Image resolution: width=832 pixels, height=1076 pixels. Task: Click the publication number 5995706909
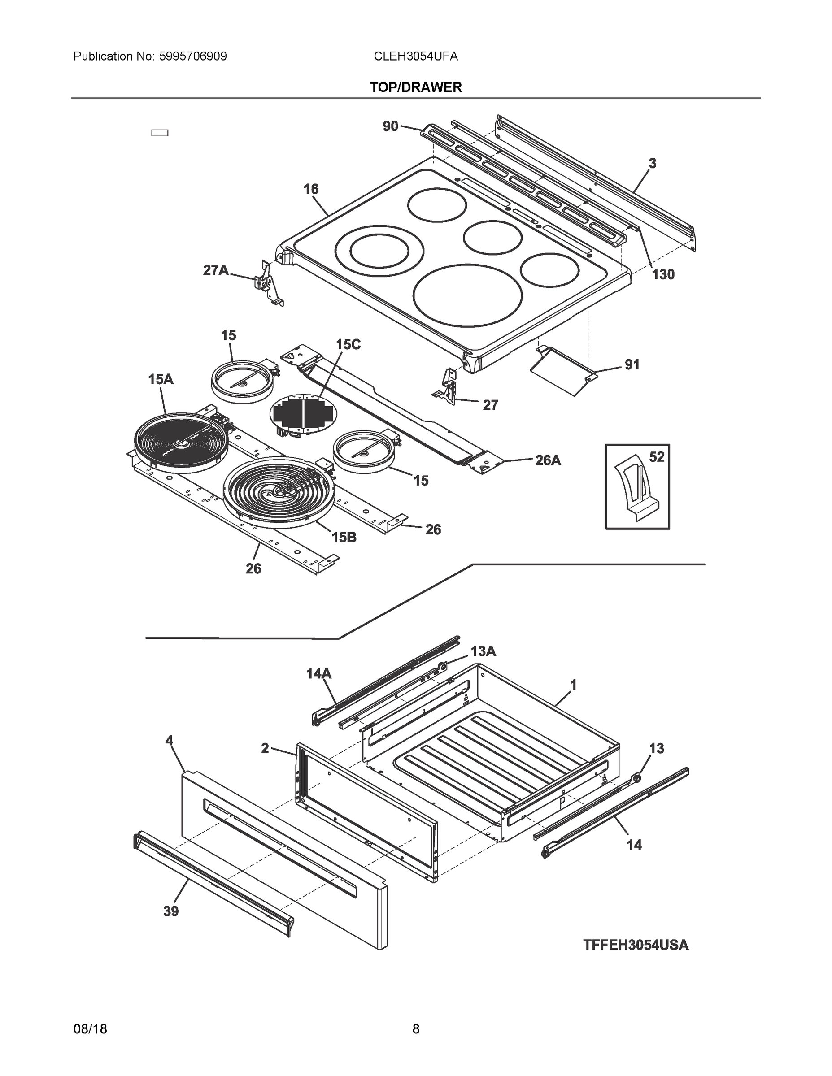pyautogui.click(x=193, y=56)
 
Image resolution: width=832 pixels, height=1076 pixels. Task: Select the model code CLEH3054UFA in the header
pyautogui.click(x=415, y=56)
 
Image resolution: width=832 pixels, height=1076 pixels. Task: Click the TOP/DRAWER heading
pyautogui.click(x=415, y=88)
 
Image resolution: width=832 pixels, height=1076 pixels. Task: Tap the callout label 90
pyautogui.click(x=390, y=126)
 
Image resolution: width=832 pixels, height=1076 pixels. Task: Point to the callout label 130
pyautogui.click(x=663, y=274)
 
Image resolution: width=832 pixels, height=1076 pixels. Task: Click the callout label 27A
pyautogui.click(x=216, y=270)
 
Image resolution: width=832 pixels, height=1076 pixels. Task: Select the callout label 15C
pyautogui.click(x=348, y=345)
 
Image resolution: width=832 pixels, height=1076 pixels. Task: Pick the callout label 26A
pyautogui.click(x=548, y=460)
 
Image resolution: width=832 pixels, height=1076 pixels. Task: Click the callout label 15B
pyautogui.click(x=344, y=537)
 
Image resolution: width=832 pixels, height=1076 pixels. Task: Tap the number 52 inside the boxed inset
pyautogui.click(x=657, y=457)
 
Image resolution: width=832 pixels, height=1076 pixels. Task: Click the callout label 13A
pyautogui.click(x=483, y=651)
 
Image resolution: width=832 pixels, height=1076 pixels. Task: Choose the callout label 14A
pyautogui.click(x=319, y=673)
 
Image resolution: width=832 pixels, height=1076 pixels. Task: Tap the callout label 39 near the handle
pyautogui.click(x=171, y=911)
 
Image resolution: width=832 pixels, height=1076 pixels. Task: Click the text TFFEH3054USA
pyautogui.click(x=636, y=945)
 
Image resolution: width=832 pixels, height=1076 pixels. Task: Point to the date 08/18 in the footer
pyautogui.click(x=90, y=1029)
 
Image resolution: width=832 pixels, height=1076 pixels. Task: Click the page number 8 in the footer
pyautogui.click(x=415, y=1029)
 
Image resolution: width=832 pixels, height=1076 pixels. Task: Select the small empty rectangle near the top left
pyautogui.click(x=159, y=133)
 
